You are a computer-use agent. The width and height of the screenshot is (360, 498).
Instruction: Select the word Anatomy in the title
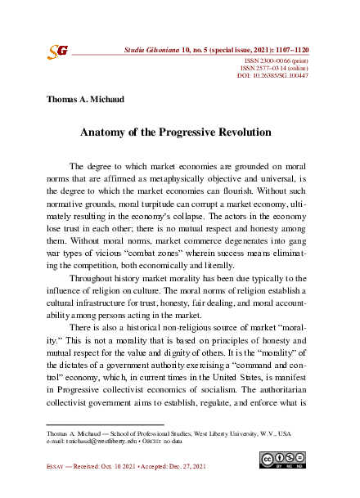tap(103, 132)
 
